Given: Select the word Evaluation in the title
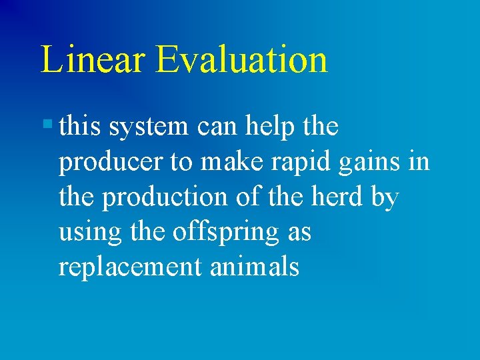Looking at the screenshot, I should click(x=241, y=59).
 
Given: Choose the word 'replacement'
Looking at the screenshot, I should click(x=130, y=268).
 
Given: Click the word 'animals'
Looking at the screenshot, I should click(x=255, y=267).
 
